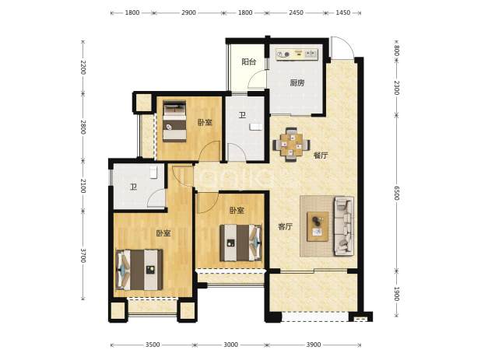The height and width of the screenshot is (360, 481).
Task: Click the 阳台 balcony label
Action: [x=249, y=62]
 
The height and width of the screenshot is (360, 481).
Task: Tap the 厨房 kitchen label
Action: [x=297, y=82]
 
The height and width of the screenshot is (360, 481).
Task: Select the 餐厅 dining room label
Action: [x=321, y=156]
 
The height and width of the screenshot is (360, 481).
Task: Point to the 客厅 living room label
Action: [x=286, y=227]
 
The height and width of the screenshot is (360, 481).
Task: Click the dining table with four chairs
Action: [x=291, y=145]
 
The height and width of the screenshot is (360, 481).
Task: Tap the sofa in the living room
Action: [x=343, y=226]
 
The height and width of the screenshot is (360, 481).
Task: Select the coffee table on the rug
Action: [x=318, y=226]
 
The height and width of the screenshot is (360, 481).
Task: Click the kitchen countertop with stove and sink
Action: [x=297, y=54]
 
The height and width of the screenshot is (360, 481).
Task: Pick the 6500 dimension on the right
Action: [x=396, y=193]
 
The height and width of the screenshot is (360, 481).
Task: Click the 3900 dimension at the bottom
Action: [x=314, y=344]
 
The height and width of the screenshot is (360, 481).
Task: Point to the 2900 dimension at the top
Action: [x=188, y=12]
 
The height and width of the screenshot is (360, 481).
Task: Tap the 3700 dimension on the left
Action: [x=83, y=255]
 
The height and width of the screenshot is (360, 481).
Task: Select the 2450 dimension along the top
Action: [x=296, y=12]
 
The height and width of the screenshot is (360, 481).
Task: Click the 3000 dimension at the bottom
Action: [x=230, y=344]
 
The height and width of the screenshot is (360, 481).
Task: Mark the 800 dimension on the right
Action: [x=396, y=51]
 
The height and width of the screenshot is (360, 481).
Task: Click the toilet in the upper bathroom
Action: [x=256, y=127]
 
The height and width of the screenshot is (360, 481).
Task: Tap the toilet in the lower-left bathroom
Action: [x=153, y=172]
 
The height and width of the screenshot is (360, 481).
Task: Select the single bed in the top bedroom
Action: [x=174, y=121]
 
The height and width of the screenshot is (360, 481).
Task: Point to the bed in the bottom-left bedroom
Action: [x=139, y=270]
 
